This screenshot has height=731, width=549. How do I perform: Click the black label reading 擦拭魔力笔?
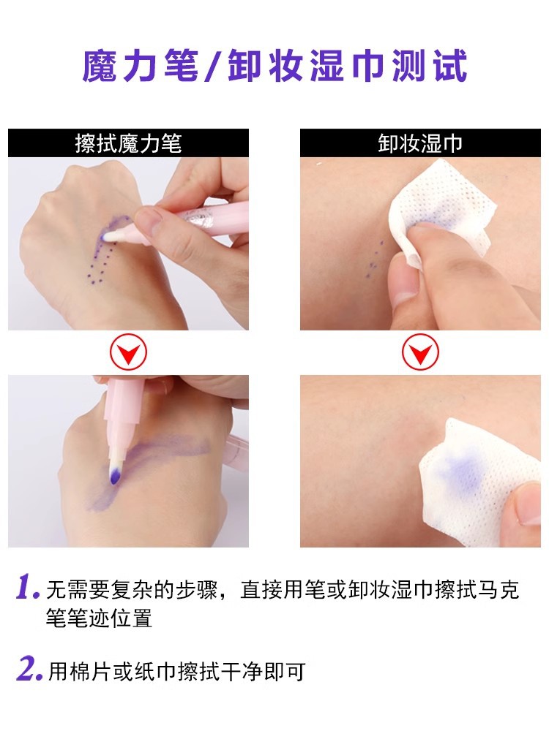click(x=128, y=143)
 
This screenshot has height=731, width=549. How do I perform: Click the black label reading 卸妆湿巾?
click(x=420, y=143)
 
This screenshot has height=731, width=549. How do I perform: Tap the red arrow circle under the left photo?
click(x=128, y=352)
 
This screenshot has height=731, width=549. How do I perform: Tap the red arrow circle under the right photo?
click(x=420, y=352)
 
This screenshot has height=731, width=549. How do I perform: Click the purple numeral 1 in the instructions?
click(x=27, y=587)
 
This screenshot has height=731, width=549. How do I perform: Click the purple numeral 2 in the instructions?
click(x=29, y=670)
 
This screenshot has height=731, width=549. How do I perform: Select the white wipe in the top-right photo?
click(x=438, y=212)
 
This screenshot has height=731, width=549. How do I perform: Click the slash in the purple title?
click(x=213, y=67)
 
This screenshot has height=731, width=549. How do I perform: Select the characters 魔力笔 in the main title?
click(x=141, y=67)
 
